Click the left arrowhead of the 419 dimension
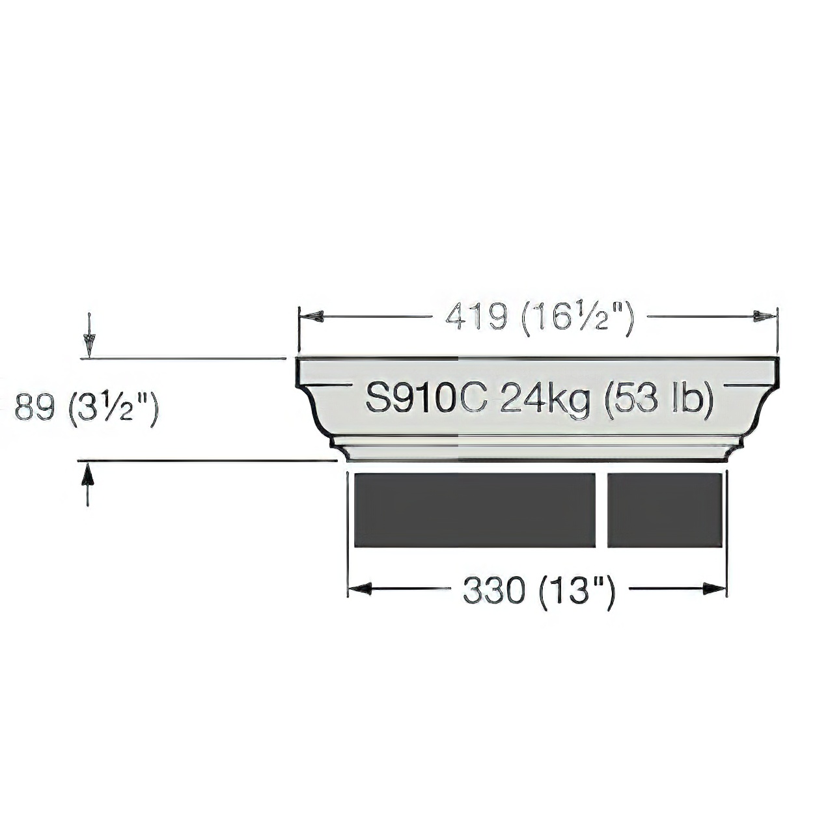click(x=311, y=316)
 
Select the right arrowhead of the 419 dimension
click(x=765, y=316)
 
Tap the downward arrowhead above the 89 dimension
click(x=89, y=346)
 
